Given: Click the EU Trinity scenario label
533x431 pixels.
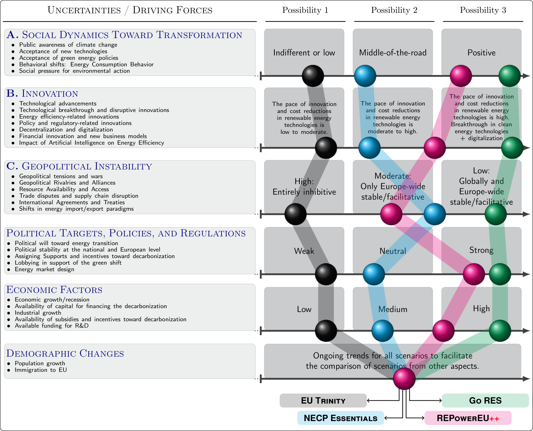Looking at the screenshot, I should point(323,401).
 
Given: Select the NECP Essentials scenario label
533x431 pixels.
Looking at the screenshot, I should point(340,418).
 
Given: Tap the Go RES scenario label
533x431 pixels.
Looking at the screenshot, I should point(485,401).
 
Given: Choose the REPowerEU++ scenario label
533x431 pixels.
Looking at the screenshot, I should point(468,418).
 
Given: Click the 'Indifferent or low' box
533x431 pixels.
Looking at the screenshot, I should point(304,52).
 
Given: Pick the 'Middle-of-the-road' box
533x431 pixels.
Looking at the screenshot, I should point(393,52).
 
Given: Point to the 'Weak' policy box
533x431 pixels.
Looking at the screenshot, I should point(304,251).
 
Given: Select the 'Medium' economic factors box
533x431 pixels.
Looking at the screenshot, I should point(393,309).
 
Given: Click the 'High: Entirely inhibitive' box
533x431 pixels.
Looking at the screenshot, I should point(304,187).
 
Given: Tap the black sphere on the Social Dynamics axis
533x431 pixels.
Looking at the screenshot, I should point(313,76).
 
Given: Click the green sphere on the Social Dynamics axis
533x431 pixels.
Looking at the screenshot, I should point(510,76).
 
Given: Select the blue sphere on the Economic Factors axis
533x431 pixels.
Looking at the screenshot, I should point(382,331).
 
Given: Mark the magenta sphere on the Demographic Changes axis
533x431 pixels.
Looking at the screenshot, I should point(404,379).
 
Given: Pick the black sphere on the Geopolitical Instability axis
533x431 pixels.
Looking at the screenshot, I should point(296,214).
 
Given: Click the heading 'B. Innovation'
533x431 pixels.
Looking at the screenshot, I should point(42,94).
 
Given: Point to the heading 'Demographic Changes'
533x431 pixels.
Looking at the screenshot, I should point(65,353).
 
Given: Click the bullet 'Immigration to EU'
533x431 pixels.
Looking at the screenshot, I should point(41,370).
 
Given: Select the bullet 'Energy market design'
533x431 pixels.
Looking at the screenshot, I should point(44,269).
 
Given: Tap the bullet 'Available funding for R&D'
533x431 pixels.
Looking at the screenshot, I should point(52,326).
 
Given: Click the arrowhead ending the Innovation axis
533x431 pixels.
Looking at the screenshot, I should point(527,148).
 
